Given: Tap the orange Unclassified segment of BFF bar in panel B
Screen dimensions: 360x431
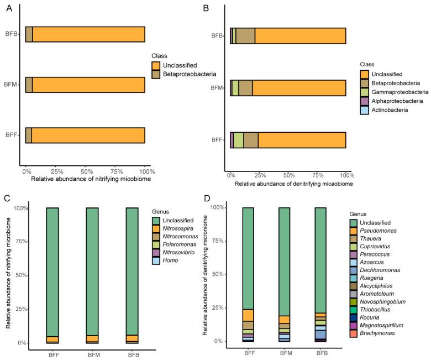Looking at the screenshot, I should coord(302,140).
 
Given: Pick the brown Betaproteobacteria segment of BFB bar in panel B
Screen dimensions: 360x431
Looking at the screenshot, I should coord(245,36).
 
